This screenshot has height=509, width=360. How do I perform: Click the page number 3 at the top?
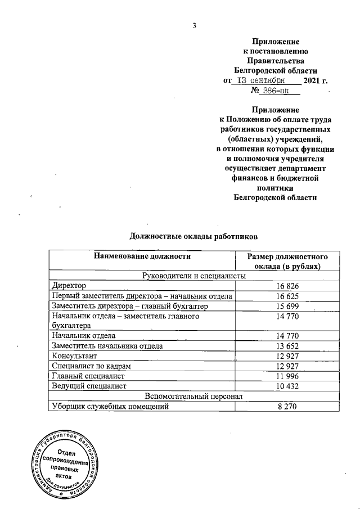pos(194,25)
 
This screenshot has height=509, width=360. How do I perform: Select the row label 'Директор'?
pos(68,286)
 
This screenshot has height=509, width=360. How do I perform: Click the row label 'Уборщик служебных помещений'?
pos(110,406)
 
